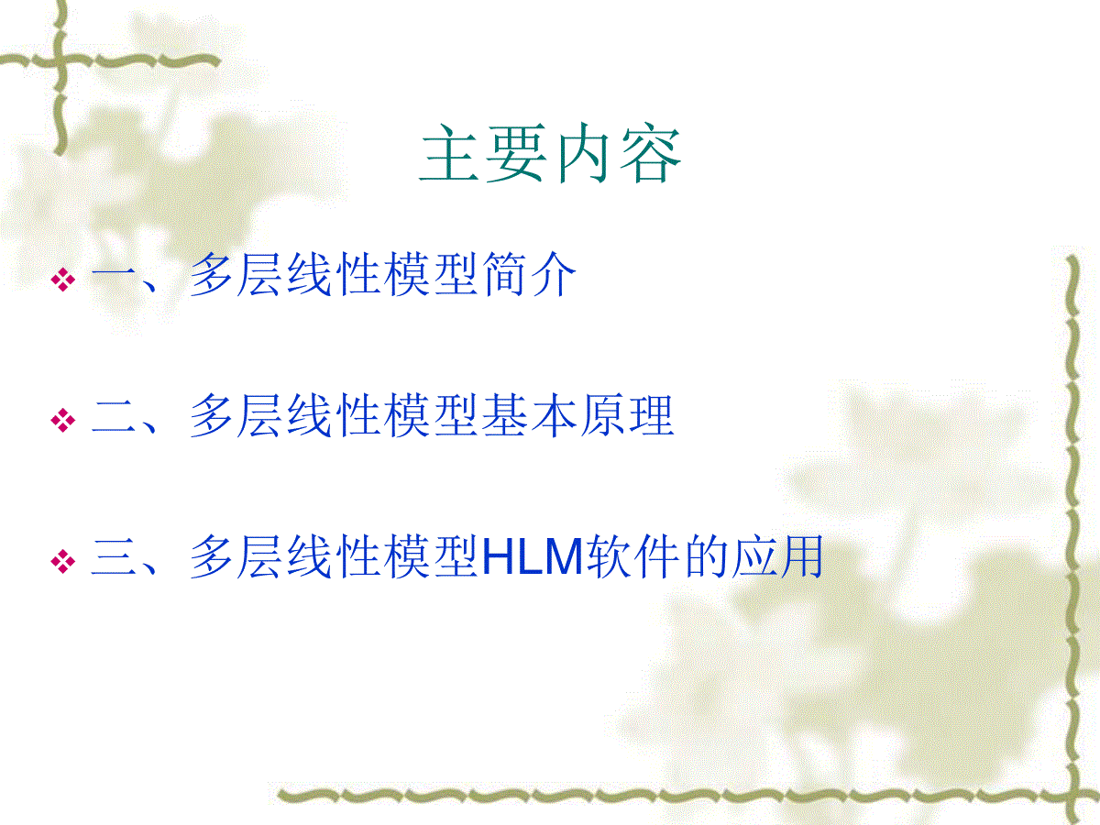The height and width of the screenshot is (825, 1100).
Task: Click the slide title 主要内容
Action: pyautogui.click(x=550, y=153)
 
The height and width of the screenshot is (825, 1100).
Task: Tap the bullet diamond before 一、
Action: pyautogui.click(x=63, y=279)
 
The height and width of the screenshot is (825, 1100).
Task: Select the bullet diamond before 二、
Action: pyautogui.click(x=63, y=420)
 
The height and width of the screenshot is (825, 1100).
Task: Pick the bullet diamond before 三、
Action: pyautogui.click(x=63, y=561)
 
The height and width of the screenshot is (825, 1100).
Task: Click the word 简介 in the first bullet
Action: pyautogui.click(x=529, y=274)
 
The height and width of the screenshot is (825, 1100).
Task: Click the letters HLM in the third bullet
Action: pyautogui.click(x=533, y=556)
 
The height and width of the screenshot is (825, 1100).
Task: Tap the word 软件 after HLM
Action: pyautogui.click(x=632, y=556)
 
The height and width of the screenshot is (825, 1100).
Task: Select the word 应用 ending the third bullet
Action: pyautogui.click(x=777, y=556)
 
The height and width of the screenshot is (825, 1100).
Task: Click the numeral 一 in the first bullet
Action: pyautogui.click(x=114, y=275)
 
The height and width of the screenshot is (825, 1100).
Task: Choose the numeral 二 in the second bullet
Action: pyautogui.click(x=114, y=416)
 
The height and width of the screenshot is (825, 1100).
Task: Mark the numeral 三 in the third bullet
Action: pyautogui.click(x=114, y=557)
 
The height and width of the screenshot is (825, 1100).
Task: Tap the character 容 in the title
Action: pyautogui.click(x=651, y=153)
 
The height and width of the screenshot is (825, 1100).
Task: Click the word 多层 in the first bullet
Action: pyautogui.click(x=235, y=274)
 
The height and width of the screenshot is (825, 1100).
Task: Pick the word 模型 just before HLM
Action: pyautogui.click(x=432, y=556)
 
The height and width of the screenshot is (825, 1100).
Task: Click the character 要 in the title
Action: pyautogui.click(x=516, y=153)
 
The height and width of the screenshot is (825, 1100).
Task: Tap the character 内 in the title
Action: pyautogui.click(x=583, y=153)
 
